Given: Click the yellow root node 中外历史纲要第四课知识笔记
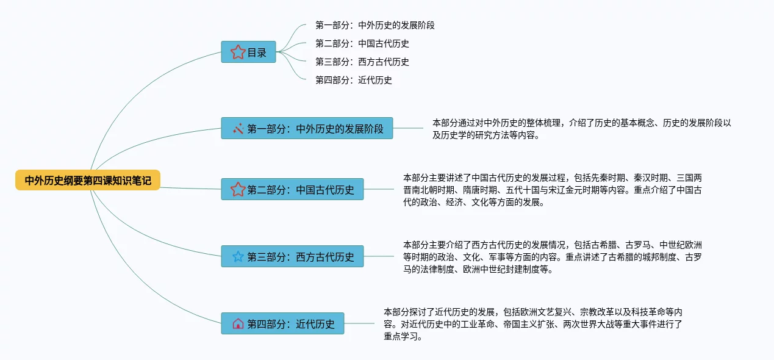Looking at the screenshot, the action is pos(88,180).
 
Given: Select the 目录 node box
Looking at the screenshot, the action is pos(248,52).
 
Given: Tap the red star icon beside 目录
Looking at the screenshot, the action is pos(238,52).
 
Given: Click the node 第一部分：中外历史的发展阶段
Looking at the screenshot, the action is pos(307,129).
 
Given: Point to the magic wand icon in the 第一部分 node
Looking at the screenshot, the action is pos(238,129).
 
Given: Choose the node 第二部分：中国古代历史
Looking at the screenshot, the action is pos(292,189).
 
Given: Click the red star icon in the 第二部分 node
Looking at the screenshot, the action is pos(238,189).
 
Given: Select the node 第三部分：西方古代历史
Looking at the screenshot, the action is pos(292,256).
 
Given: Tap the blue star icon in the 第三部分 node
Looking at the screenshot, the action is pos(238,256).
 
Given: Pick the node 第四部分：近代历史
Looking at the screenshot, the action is pos(282,323).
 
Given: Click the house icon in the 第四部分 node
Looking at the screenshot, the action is pos(238,323).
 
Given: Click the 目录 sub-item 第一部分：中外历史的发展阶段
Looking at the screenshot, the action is pos(374,26).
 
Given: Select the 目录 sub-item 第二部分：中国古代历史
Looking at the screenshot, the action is pos(362,44).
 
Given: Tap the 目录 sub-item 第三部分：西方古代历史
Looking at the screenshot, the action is pos(362,62).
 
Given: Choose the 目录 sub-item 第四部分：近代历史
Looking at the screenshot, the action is pos(353,80).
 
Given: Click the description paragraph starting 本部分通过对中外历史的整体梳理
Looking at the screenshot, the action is pos(581,129).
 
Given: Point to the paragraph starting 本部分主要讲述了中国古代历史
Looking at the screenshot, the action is pos(552,190).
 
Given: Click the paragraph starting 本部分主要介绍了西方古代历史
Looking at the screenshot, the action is pos(552,256).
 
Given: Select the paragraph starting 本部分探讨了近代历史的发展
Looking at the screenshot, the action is pos(532,323).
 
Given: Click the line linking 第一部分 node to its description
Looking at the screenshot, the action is pos(408,128).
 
